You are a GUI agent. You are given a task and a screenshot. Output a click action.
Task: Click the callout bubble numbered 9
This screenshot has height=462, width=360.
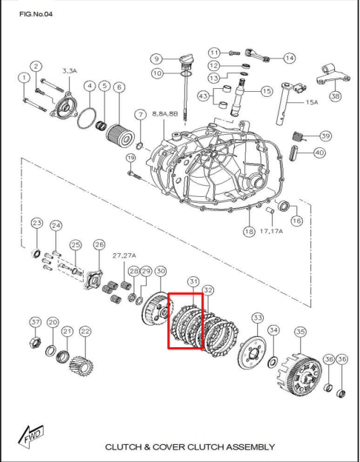pyautogui.click(x=156, y=58)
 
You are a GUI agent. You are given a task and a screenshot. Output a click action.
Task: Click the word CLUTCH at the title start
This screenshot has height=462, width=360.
pyautogui.click(x=123, y=447)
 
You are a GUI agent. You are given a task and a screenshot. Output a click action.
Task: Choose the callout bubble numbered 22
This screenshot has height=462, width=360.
pyautogui.click(x=85, y=331)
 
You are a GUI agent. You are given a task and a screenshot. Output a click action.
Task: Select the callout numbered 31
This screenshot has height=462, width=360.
pyautogui.click(x=193, y=281)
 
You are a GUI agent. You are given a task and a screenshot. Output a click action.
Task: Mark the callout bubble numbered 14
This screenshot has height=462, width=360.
pyautogui.click(x=288, y=57)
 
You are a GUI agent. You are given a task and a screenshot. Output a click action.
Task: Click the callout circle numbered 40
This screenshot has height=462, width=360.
pyautogui.click(x=319, y=153)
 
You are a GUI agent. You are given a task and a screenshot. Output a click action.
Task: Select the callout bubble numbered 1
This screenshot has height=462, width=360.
pyautogui.click(x=24, y=78)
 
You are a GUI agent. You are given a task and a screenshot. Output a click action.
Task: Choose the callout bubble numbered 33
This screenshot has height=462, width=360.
pyautogui.click(x=257, y=318)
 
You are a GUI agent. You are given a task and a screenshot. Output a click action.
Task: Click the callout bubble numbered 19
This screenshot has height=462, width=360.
pyautogui.click(x=131, y=158)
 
